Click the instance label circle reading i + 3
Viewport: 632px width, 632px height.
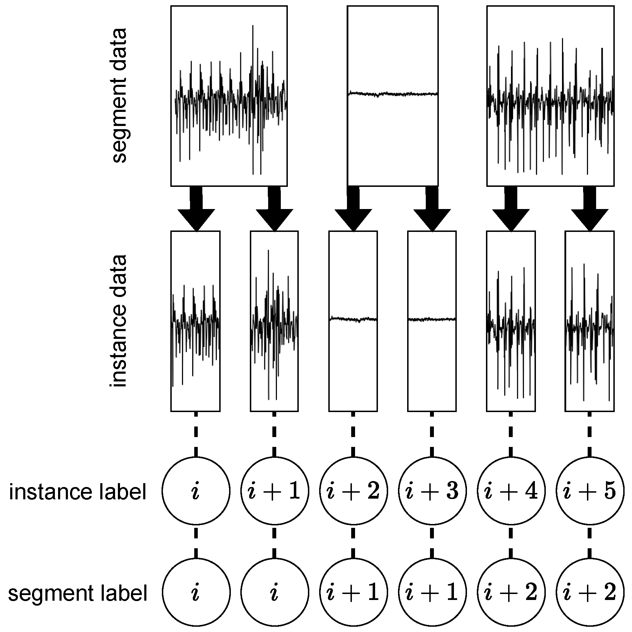[432, 491]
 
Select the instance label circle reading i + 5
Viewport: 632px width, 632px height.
[589, 491]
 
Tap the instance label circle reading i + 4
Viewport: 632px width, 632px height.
[511, 491]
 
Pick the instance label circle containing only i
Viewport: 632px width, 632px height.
[196, 491]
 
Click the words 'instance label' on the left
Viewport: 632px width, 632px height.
[77, 492]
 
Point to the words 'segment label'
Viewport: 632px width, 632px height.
[77, 593]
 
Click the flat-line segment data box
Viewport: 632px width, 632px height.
[392, 95]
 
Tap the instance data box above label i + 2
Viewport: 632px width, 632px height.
[353, 321]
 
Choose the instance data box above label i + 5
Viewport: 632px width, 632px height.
[589, 321]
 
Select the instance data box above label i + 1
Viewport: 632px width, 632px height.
[274, 321]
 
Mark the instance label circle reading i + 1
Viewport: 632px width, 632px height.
[274, 491]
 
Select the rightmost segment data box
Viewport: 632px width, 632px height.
[550, 95]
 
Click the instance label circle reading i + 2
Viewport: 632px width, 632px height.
[353, 491]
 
